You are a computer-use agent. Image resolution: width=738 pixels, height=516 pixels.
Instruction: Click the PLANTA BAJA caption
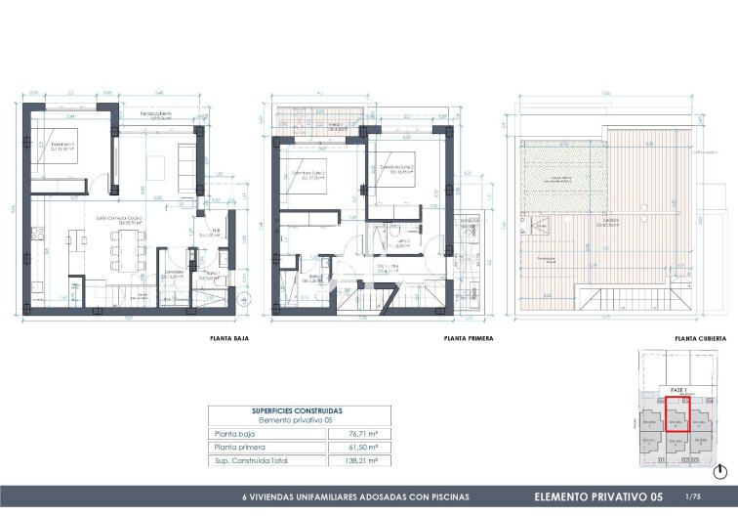click(228, 339)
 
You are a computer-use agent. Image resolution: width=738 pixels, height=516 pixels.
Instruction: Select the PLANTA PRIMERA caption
click(468, 339)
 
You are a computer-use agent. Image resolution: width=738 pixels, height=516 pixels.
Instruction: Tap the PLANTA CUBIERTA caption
click(700, 339)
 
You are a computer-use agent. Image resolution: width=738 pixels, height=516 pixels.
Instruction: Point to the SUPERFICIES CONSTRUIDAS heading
click(299, 410)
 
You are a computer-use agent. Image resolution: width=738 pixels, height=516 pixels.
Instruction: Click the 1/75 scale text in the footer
click(693, 496)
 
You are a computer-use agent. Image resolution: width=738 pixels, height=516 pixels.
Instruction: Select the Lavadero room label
click(175, 274)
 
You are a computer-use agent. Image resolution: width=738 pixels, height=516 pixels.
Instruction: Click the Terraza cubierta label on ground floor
click(155, 116)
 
